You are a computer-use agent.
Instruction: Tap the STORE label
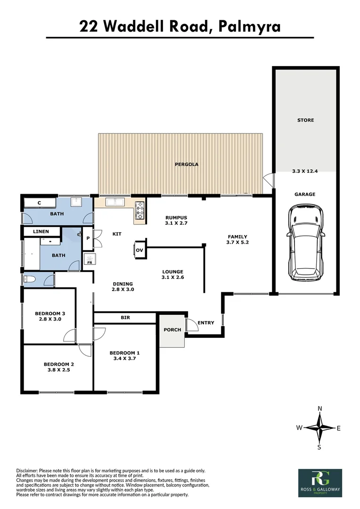coord(305,120)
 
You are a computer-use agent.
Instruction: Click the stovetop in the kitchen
coord(140,210)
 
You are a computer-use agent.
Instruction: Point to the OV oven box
coord(139,250)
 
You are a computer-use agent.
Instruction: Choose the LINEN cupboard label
coord(41,232)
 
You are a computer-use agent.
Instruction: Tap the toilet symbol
coord(28,279)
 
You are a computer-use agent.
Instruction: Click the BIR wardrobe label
coord(125,318)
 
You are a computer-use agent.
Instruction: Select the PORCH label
coord(172,329)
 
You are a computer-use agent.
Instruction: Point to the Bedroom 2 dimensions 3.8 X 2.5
coord(59,370)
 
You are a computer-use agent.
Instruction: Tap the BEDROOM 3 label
coord(50,313)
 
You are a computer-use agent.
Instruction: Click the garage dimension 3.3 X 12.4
coord(305,172)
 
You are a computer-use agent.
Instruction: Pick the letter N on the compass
coord(320,409)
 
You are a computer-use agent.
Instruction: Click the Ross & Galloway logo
coord(320,482)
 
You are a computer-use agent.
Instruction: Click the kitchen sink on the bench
coord(115,203)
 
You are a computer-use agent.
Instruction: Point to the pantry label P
coord(88,238)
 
